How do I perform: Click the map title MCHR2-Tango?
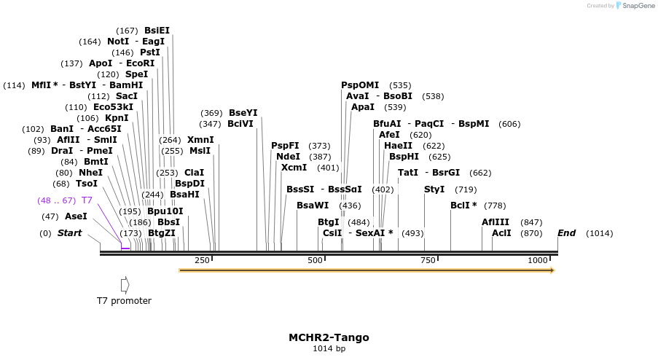[329, 337]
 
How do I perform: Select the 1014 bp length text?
[329, 349]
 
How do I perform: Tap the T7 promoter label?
[125, 301]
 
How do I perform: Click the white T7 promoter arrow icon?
[125, 284]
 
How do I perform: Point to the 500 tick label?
[315, 260]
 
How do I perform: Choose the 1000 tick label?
[538, 260]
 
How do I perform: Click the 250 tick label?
[202, 260]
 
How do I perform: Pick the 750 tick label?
[427, 260]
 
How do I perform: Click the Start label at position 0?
[69, 233]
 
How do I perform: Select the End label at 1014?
[567, 233]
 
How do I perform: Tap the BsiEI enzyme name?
[157, 31]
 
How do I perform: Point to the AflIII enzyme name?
[496, 222]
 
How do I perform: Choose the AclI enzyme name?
[501, 233]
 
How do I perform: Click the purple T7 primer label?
[87, 200]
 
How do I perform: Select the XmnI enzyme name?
[200, 140]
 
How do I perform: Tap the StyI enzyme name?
[434, 189]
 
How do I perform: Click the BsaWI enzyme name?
[313, 206]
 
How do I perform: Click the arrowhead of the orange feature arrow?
[552, 270]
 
